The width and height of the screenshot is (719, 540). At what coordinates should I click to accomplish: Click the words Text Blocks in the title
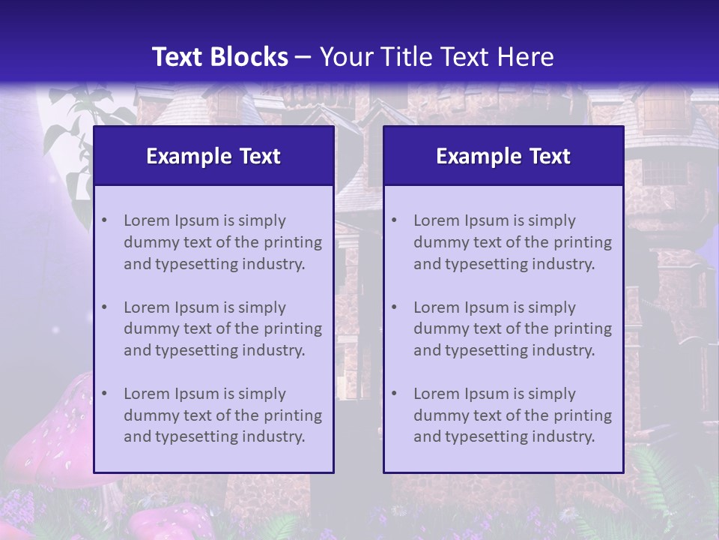219,57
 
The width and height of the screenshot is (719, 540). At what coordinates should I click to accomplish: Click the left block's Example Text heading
213,156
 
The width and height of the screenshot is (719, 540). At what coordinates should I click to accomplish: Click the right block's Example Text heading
503,156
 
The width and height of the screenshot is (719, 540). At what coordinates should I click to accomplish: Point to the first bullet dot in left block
104,220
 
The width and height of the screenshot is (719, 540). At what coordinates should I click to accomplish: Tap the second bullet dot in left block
104,307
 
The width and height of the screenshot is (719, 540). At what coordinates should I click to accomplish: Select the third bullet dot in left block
104,394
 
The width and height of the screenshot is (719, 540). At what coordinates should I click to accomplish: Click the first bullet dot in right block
394,220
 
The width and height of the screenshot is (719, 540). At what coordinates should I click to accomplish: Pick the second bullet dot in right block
394,307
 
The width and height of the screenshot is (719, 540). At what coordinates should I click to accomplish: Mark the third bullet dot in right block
394,394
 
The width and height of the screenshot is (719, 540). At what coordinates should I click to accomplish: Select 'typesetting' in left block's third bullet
192,436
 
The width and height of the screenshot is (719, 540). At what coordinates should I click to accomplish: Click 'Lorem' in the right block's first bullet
436,220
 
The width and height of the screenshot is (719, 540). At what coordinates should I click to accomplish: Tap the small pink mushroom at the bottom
169,521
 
